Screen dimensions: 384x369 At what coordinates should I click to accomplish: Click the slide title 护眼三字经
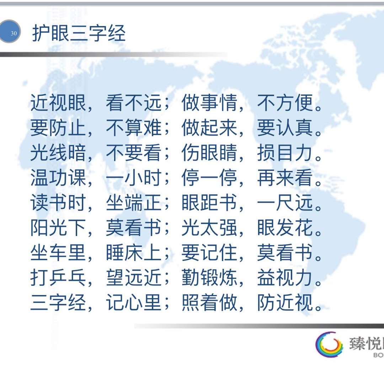pyautogui.click(x=79, y=33)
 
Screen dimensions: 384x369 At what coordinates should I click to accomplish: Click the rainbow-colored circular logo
pyautogui.click(x=329, y=344)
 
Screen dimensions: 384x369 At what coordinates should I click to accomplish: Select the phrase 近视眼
pyautogui.click(x=58, y=103)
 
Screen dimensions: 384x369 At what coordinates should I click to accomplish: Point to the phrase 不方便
pyautogui.click(x=285, y=103)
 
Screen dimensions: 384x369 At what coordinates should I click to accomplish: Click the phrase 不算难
pyautogui.click(x=134, y=128)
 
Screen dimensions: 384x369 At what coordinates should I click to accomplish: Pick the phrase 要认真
pyautogui.click(x=285, y=128)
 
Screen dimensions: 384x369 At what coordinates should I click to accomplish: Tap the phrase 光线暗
pyautogui.click(x=58, y=153)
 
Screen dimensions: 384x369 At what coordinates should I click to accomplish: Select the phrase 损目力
pyautogui.click(x=285, y=153)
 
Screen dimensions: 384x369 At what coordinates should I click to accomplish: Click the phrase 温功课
pyautogui.click(x=58, y=177)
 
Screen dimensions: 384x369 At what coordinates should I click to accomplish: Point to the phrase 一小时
pyautogui.click(x=134, y=177)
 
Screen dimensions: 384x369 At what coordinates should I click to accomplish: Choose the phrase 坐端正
pyautogui.click(x=134, y=203)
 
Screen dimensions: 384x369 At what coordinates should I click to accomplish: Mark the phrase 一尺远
pyautogui.click(x=285, y=203)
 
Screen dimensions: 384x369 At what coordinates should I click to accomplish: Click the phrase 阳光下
pyautogui.click(x=58, y=228)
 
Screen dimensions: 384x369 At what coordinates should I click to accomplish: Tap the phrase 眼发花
pyautogui.click(x=285, y=228)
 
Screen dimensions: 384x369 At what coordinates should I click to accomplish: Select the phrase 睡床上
pyautogui.click(x=134, y=252)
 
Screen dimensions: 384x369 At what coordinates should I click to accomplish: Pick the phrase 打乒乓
pyautogui.click(x=58, y=277)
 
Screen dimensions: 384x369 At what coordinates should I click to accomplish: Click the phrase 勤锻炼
pyautogui.click(x=209, y=277)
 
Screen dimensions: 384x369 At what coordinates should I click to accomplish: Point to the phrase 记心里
pyautogui.click(x=134, y=303)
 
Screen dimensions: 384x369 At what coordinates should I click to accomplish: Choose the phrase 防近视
pyautogui.click(x=285, y=303)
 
